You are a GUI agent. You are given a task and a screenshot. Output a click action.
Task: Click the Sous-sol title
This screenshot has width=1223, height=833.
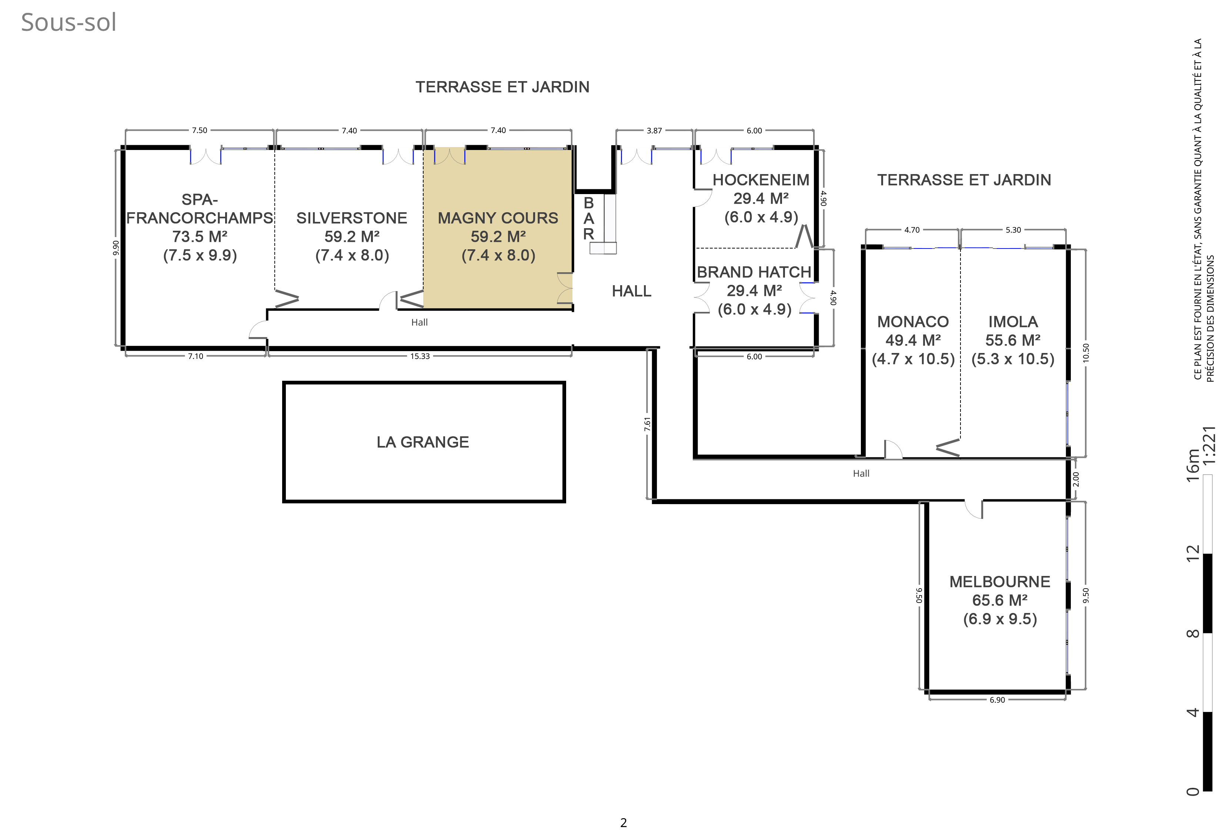[x=68, y=23]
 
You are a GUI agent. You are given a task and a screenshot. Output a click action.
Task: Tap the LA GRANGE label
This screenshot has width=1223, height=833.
[x=422, y=442]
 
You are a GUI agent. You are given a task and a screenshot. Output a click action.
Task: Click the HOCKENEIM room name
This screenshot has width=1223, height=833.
[x=761, y=180]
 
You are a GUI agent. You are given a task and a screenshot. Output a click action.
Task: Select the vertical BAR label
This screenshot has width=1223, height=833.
[x=588, y=218]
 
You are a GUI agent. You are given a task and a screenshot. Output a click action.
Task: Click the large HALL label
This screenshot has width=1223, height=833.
[x=632, y=291]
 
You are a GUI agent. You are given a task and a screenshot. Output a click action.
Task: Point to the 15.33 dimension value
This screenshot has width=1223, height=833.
[x=420, y=356]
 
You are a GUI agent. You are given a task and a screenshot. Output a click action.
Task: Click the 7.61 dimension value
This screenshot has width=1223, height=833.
[x=647, y=424]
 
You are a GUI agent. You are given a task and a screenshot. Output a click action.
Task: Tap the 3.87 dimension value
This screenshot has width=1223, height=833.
[x=654, y=131]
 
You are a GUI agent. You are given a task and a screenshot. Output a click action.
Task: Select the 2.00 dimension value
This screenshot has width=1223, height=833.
[x=1076, y=479]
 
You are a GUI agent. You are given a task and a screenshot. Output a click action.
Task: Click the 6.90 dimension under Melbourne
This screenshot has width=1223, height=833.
[x=997, y=700]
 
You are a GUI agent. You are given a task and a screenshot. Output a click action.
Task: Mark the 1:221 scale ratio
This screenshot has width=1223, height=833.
[x=1209, y=445]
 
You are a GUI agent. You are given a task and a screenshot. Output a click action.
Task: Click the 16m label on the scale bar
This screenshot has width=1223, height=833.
[x=1193, y=464]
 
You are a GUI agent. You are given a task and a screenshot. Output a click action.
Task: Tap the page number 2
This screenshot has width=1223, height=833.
[x=624, y=823]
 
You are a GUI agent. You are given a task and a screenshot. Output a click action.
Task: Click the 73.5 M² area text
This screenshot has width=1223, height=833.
[x=200, y=236]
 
